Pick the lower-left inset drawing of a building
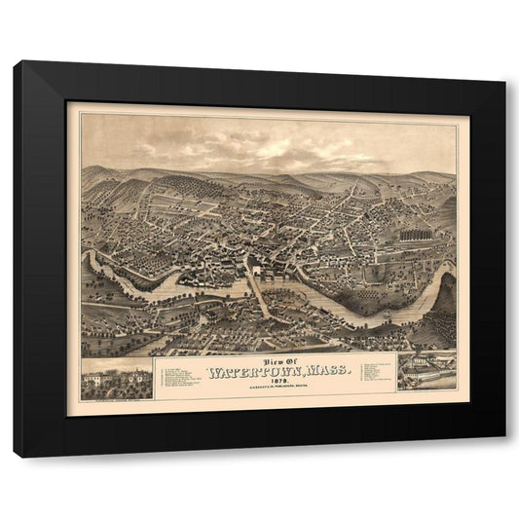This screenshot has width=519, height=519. (x=116, y=379)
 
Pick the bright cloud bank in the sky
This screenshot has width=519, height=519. (x=292, y=146)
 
